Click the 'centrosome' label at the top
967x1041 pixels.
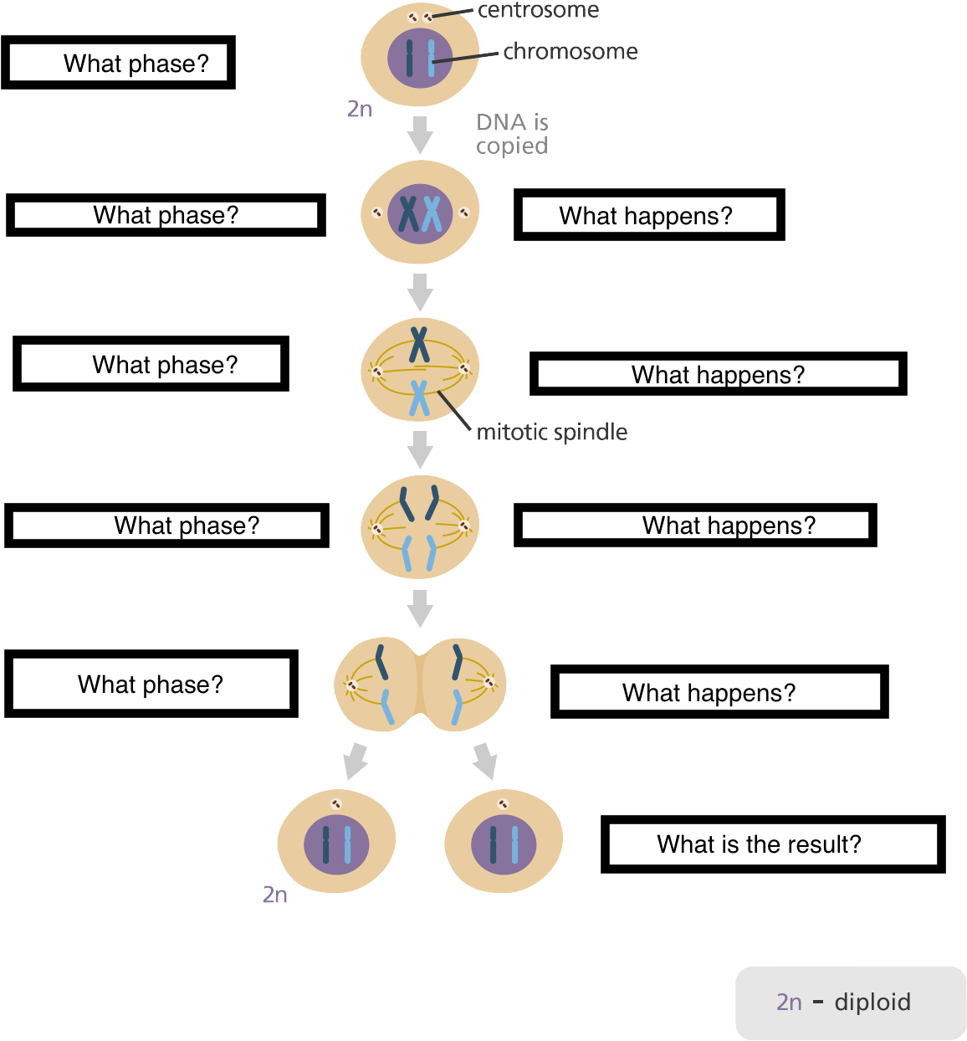[538, 10]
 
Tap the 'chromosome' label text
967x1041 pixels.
[570, 52]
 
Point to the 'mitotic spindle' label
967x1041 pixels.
[551, 432]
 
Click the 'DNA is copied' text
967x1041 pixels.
[512, 134]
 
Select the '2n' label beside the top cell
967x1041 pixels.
[359, 109]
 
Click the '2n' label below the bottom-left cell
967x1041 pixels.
[274, 895]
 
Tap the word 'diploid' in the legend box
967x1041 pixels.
[872, 1002]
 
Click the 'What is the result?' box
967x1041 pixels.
[772, 844]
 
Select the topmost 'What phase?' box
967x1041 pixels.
[118, 63]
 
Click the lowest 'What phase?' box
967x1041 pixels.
[151, 684]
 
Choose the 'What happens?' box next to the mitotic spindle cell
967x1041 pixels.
[718, 374]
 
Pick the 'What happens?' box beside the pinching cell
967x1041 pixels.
[719, 692]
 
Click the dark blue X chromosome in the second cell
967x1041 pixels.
[408, 214]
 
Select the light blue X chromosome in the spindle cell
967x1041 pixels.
[419, 398]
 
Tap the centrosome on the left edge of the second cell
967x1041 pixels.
[376, 213]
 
